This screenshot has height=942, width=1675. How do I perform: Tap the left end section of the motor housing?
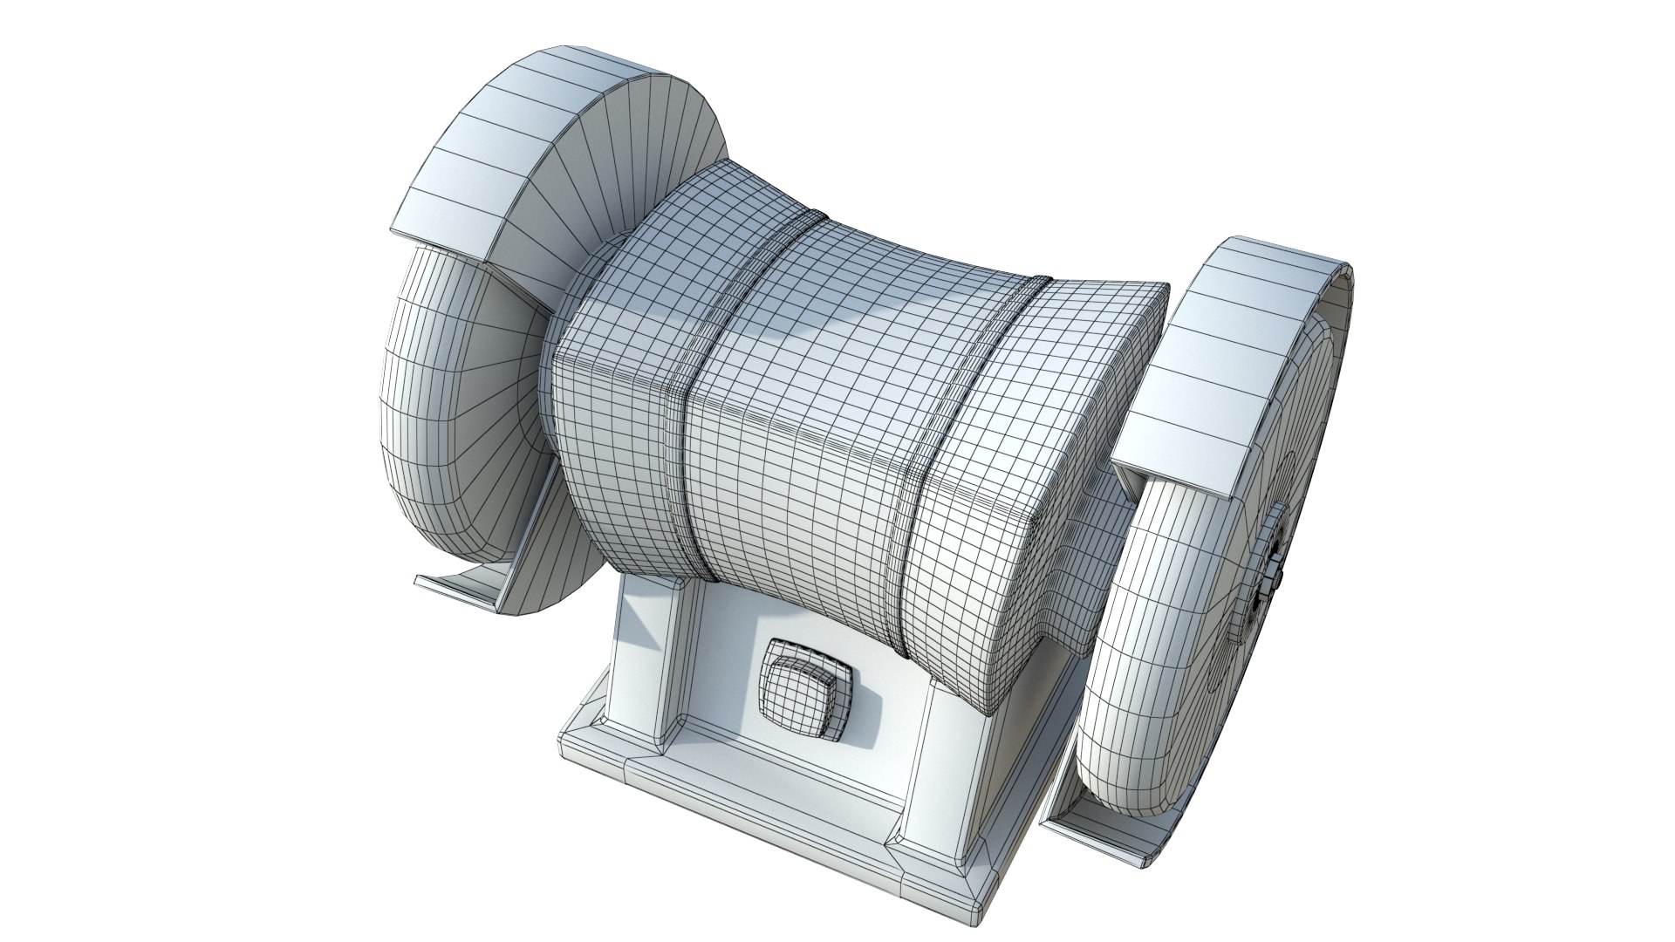(x=611, y=419)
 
